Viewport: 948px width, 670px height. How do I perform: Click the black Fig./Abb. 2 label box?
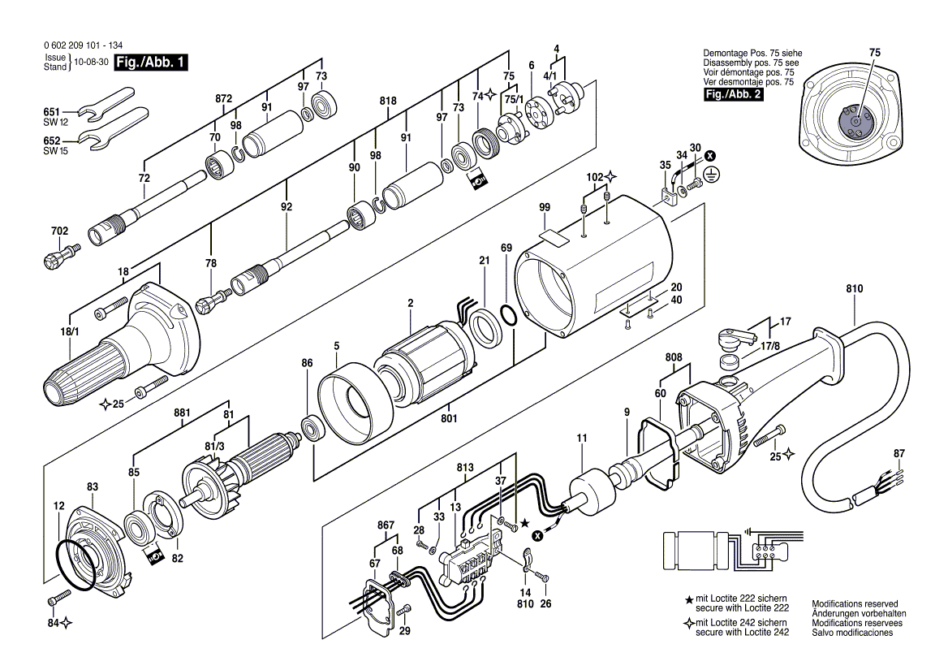[734, 94]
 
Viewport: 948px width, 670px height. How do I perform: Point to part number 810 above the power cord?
[855, 288]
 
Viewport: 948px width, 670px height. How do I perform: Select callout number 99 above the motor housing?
[545, 207]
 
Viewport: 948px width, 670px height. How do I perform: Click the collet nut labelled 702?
[61, 254]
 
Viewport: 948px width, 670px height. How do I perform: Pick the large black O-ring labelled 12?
[77, 560]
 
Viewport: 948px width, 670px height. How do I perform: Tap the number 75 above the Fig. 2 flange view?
[875, 53]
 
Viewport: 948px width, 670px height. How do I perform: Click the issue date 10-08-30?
[91, 62]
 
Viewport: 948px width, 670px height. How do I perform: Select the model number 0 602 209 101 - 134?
[83, 45]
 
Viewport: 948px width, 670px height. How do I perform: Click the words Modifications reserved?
[855, 603]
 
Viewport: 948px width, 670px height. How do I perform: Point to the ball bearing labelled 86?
[313, 427]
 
